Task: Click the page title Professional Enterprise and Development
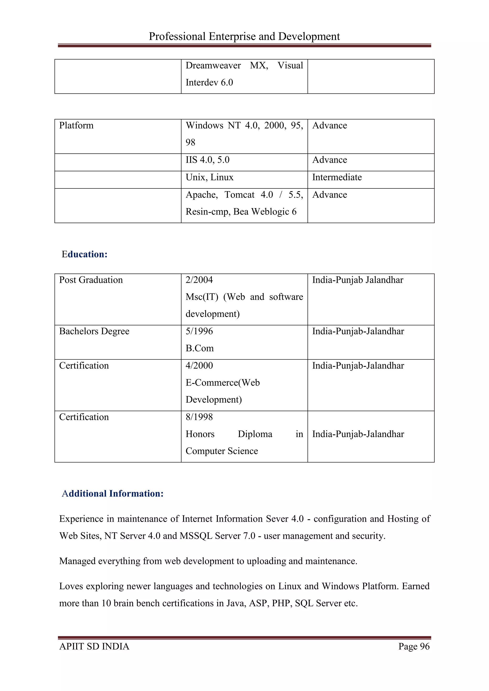[x=244, y=37]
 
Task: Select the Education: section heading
[x=84, y=254]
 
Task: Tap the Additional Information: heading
[x=112, y=494]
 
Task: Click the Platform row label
[x=76, y=126]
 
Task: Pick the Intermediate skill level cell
[x=337, y=177]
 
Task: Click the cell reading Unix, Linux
[x=209, y=177]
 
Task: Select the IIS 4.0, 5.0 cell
[x=207, y=160]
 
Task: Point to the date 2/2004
[x=199, y=280]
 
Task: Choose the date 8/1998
[x=199, y=417]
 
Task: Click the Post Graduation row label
[x=91, y=280]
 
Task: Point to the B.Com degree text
[x=199, y=348]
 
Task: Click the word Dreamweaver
[x=213, y=66]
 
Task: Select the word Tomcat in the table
[x=239, y=195]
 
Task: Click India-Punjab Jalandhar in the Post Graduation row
[x=357, y=280]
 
